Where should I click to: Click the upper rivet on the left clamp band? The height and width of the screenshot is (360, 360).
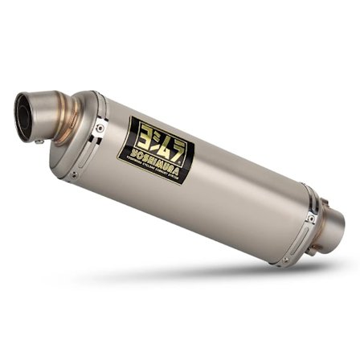99,126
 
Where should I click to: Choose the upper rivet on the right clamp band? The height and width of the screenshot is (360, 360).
310,218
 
